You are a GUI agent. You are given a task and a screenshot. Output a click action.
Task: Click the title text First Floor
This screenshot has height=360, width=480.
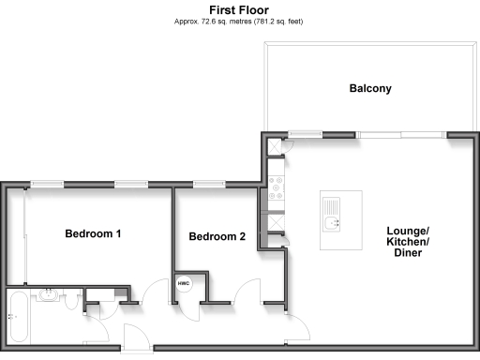pyautogui.click(x=240, y=9)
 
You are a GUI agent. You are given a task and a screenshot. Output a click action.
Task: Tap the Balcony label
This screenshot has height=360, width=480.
pyautogui.click(x=369, y=89)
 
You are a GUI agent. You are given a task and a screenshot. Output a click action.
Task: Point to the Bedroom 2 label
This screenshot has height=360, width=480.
pyautogui.click(x=217, y=237)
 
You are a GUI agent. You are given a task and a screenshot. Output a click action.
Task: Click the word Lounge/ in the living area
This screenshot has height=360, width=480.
pyautogui.click(x=409, y=231)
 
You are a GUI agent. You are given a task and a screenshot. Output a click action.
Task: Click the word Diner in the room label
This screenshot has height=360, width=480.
pyautogui.click(x=409, y=254)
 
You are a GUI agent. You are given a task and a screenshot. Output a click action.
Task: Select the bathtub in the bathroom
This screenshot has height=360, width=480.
pyautogui.click(x=18, y=316)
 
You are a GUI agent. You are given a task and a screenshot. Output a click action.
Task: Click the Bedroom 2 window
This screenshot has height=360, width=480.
pyautogui.click(x=208, y=184)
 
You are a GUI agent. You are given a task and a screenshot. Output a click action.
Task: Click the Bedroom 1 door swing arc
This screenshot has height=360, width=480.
pyautogui.click(x=152, y=297)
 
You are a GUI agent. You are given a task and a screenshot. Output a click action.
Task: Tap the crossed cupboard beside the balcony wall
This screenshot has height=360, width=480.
pyautogui.click(x=274, y=147)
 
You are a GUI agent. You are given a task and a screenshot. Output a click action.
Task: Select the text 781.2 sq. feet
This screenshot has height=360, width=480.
pyautogui.click(x=282, y=21)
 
